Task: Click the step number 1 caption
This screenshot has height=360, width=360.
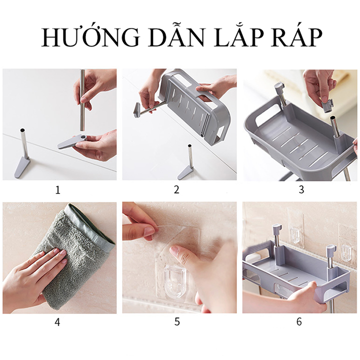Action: [58, 190]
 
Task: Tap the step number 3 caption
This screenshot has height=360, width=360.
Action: [301, 190]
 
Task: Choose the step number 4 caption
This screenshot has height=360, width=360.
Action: [58, 322]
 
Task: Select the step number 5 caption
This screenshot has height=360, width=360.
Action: [177, 322]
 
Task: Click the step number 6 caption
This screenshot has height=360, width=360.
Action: [299, 322]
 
